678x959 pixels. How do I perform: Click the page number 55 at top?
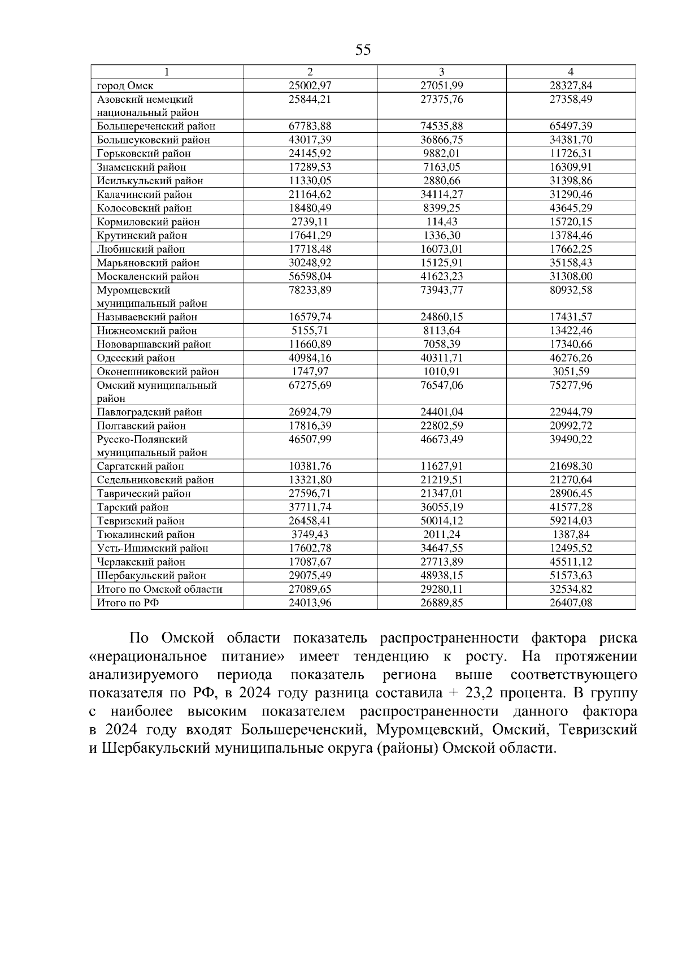coord(363,50)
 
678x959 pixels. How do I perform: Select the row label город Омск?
coord(125,86)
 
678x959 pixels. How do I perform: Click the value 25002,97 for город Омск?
coord(310,86)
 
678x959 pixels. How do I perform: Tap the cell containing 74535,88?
coord(441,126)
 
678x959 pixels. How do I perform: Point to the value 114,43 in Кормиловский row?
coord(441,222)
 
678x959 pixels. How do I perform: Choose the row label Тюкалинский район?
coord(146,535)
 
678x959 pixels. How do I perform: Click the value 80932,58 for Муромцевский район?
coord(571,290)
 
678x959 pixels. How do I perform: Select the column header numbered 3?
coord(441,72)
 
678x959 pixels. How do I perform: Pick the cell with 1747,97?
coord(310,371)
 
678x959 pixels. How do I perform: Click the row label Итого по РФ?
coord(128,603)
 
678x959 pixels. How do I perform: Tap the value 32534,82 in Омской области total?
coord(571,589)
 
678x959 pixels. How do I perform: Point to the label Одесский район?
coord(136,358)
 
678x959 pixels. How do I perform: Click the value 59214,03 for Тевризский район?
coord(571,521)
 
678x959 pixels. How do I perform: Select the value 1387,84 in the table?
coord(571,535)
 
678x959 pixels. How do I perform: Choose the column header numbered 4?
coord(571,72)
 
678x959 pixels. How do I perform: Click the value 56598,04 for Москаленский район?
coord(310,276)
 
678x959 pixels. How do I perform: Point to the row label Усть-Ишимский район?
coord(153,548)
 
